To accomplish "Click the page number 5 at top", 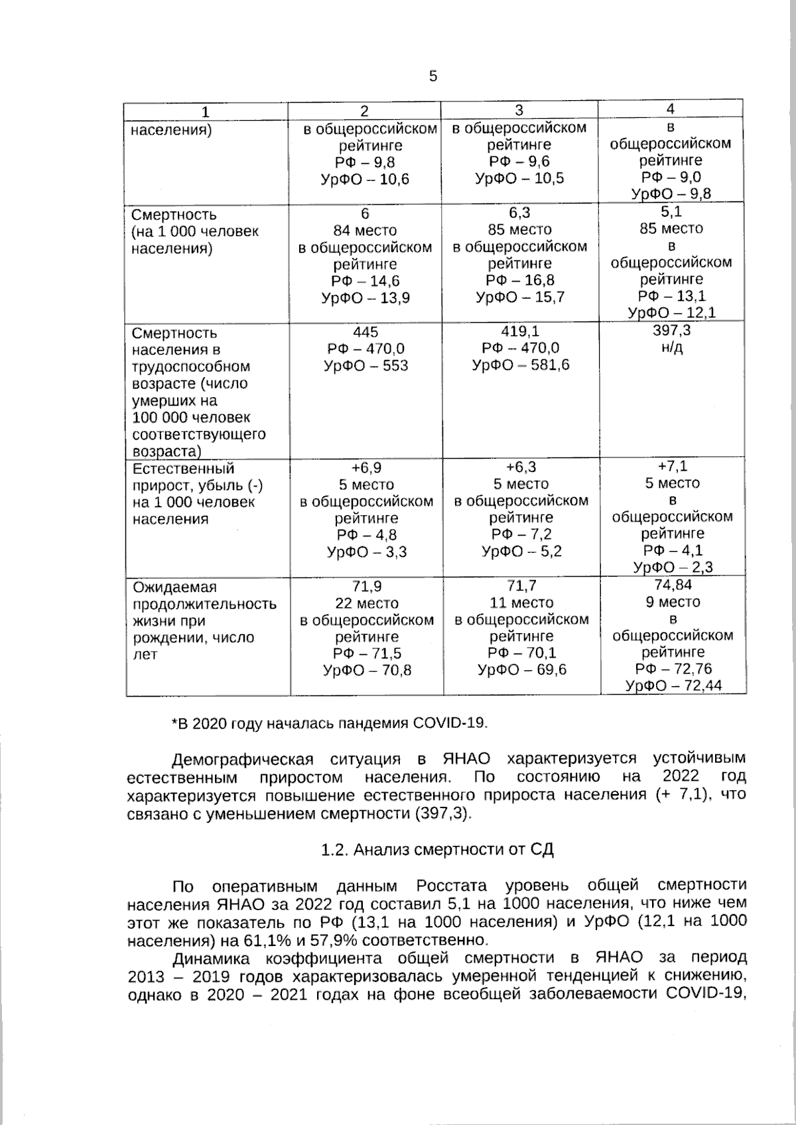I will (x=433, y=76).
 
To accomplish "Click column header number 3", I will (x=519, y=110).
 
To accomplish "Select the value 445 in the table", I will (x=365, y=331).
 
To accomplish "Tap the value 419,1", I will (x=521, y=331).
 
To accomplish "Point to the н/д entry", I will (x=672, y=348).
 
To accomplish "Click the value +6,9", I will (x=366, y=467).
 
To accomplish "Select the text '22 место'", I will (x=367, y=603).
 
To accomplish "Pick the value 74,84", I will (x=673, y=585).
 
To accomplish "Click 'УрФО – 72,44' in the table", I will (x=674, y=686).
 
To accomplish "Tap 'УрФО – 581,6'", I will (x=521, y=365).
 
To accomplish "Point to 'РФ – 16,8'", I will (x=520, y=280).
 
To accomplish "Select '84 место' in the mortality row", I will (x=365, y=230).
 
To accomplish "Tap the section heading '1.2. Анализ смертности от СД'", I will (x=437, y=850).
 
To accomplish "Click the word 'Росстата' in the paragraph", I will (x=451, y=886).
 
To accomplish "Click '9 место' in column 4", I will (x=673, y=602).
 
